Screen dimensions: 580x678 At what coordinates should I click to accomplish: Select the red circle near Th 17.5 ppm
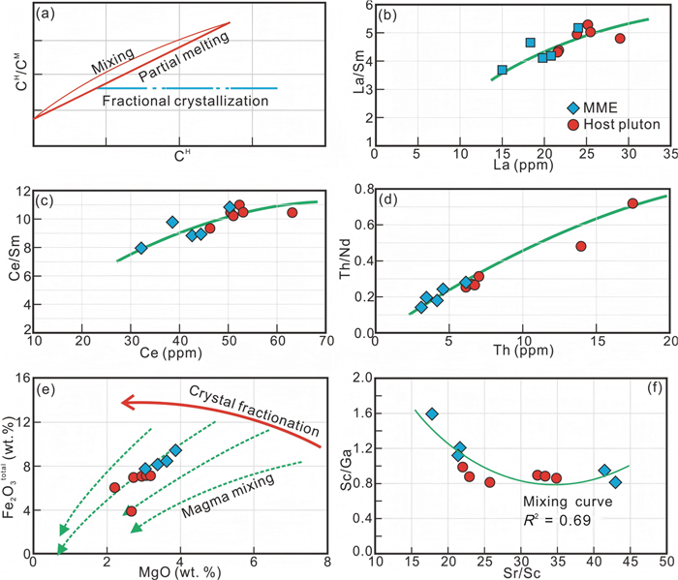(x=632, y=203)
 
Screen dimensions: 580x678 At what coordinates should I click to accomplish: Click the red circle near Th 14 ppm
(x=581, y=246)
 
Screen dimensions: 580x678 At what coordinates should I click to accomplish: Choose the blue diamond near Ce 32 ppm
(x=141, y=248)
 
